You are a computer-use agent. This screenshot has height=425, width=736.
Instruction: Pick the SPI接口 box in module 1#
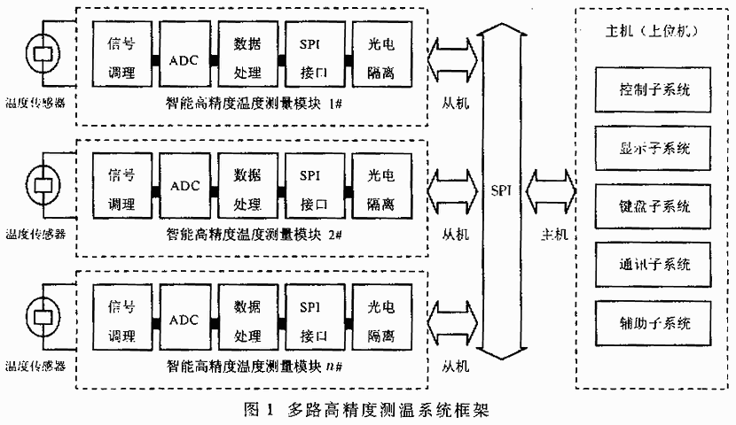point(315,58)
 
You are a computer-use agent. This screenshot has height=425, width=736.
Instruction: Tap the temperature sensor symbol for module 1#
point(41,53)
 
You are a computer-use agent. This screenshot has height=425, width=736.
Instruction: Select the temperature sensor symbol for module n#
point(41,315)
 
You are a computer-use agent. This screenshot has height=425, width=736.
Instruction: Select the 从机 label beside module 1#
point(455,104)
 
